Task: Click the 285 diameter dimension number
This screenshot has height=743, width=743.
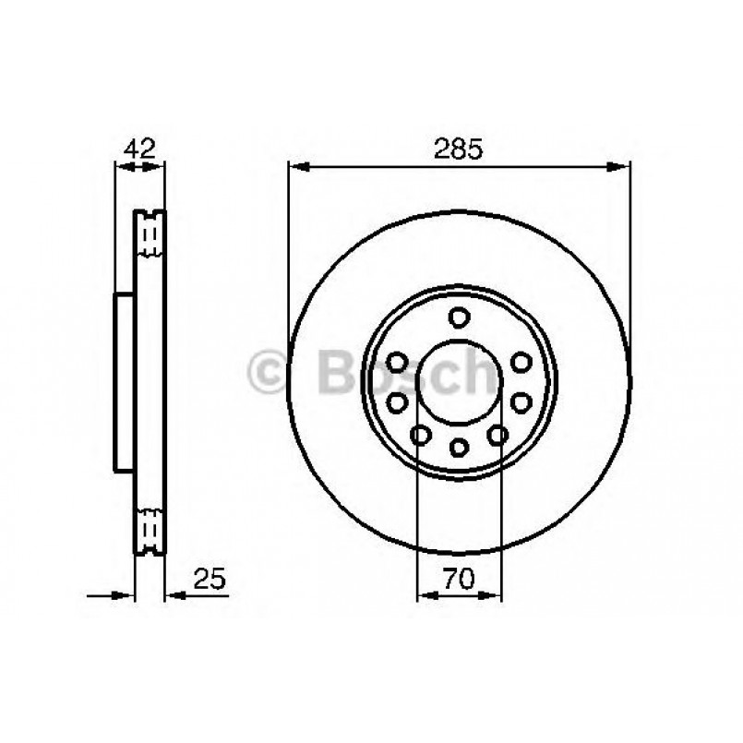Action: tap(459, 149)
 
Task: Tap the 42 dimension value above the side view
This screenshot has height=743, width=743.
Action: tap(139, 149)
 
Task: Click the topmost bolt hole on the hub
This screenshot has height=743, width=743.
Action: tap(459, 318)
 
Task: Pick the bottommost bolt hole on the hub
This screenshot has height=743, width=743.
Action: tap(459, 447)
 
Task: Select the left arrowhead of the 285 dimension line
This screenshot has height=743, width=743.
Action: tap(297, 167)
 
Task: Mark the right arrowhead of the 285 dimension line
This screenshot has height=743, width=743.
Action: tap(622, 167)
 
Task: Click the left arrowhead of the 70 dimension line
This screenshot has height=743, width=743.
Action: tap(425, 595)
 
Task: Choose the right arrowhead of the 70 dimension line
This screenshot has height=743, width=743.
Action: tap(493, 595)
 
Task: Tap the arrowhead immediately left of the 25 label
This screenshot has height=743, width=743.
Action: tap(173, 595)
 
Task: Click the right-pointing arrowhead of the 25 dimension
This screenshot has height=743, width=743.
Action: tap(126, 595)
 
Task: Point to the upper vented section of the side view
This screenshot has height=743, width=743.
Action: tap(150, 235)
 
